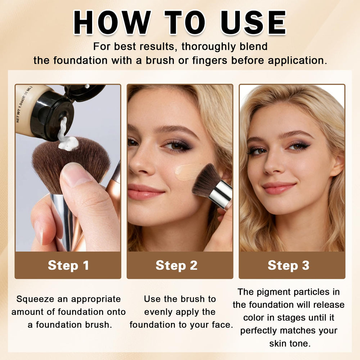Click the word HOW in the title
(112, 22)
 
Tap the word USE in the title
(253, 22)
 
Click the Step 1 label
(68, 265)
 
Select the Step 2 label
(176, 265)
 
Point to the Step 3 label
(288, 265)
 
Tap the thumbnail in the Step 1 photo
(76, 174)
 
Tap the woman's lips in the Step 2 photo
(145, 192)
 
